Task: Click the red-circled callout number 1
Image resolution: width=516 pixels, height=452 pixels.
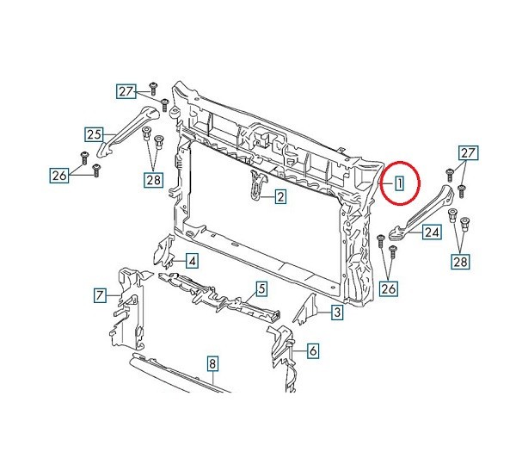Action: coord(399,183)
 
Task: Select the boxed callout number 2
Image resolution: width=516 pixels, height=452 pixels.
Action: coord(280,197)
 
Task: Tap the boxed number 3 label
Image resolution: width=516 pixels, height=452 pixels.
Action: coord(337,312)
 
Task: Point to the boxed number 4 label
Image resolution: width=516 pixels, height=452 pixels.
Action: coord(192,261)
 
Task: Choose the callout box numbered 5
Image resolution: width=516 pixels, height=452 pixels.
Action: coord(261,289)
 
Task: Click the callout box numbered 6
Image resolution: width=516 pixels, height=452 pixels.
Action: coord(313,351)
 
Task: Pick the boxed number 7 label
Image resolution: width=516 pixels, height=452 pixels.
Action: coord(100,295)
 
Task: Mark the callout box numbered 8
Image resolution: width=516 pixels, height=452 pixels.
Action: coord(212,363)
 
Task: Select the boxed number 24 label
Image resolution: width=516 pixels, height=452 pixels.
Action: coord(432,232)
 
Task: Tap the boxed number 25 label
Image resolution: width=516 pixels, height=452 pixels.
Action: coord(94,134)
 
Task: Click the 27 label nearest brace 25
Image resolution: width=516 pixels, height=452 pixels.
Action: coord(126,91)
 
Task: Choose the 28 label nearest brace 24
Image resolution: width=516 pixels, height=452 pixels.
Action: coord(460,262)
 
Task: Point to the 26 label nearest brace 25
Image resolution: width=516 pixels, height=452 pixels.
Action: coord(59,176)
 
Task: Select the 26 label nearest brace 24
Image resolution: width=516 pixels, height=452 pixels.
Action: coord(389,288)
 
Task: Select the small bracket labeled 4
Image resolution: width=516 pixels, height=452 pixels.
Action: coord(164,252)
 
